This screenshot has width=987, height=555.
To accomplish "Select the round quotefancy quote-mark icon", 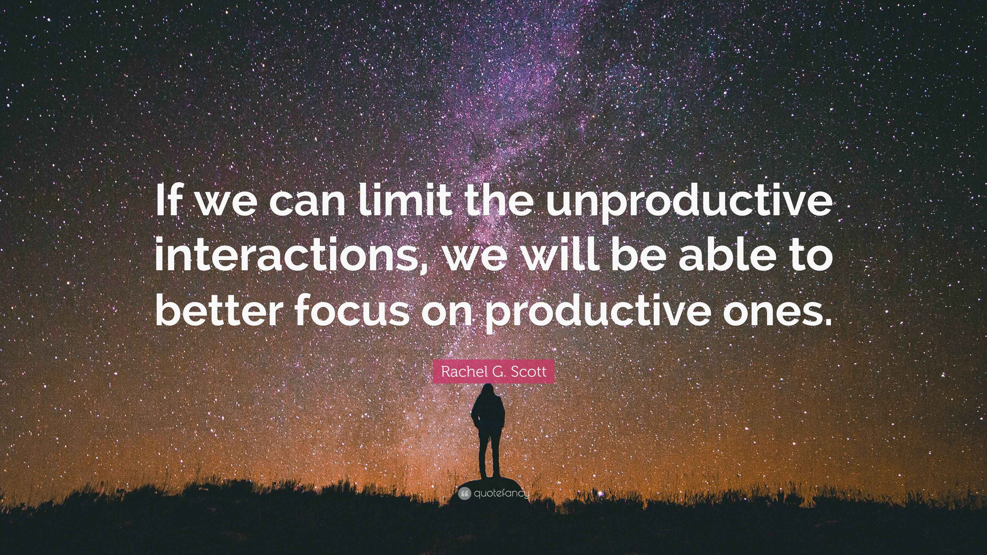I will coord(464,494).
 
